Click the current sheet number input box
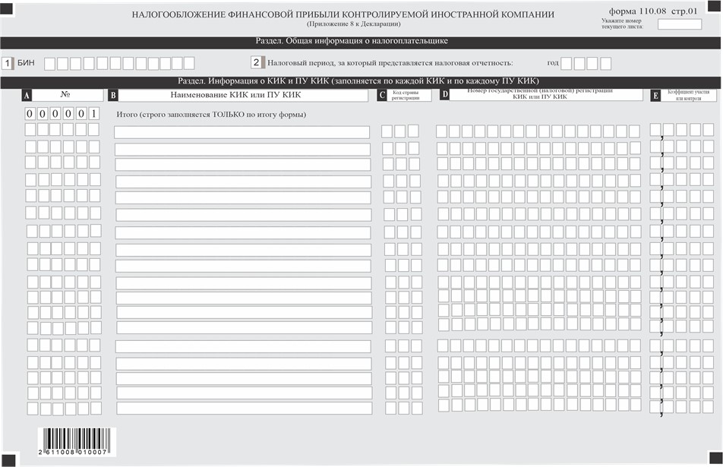(x=679, y=24)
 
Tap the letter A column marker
(x=27, y=96)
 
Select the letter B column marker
(x=113, y=96)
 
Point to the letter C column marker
(x=382, y=96)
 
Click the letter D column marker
(x=445, y=96)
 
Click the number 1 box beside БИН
(x=8, y=63)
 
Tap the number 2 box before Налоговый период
(x=257, y=63)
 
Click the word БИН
(x=27, y=63)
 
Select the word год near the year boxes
(x=553, y=63)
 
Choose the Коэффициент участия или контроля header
(x=689, y=96)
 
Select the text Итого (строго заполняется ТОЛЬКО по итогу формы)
(x=210, y=115)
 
